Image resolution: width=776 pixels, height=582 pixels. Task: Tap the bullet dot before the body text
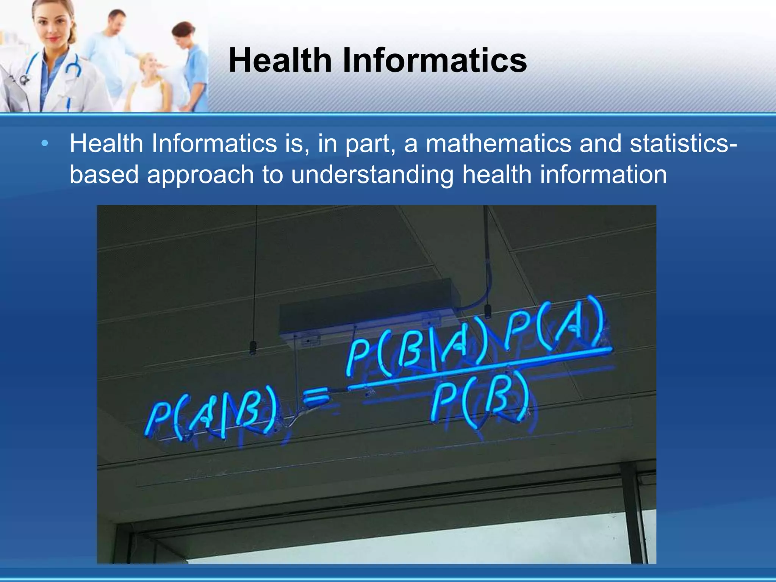pos(45,144)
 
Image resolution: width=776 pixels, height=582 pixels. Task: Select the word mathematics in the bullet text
pos(498,144)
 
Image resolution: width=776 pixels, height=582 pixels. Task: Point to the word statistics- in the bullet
pos(684,144)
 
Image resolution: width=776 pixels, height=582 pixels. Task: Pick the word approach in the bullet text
pos(200,175)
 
